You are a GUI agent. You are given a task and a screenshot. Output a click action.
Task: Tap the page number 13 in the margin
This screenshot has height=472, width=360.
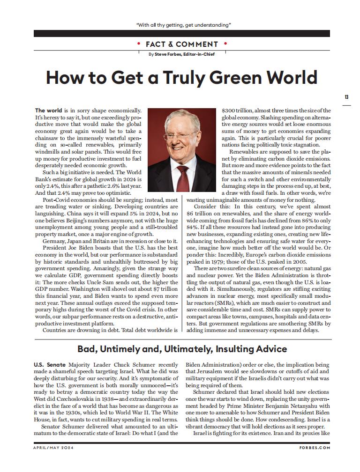[346, 97]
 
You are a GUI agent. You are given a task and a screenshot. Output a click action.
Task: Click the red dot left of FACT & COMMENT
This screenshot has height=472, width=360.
[138, 44]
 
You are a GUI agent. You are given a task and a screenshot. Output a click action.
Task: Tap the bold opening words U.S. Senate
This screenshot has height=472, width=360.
[50, 364]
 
